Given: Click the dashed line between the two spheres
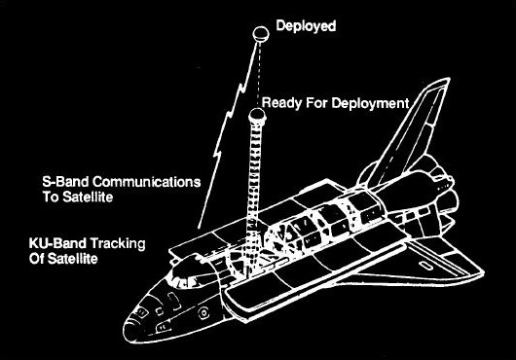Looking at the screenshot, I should [259, 73].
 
